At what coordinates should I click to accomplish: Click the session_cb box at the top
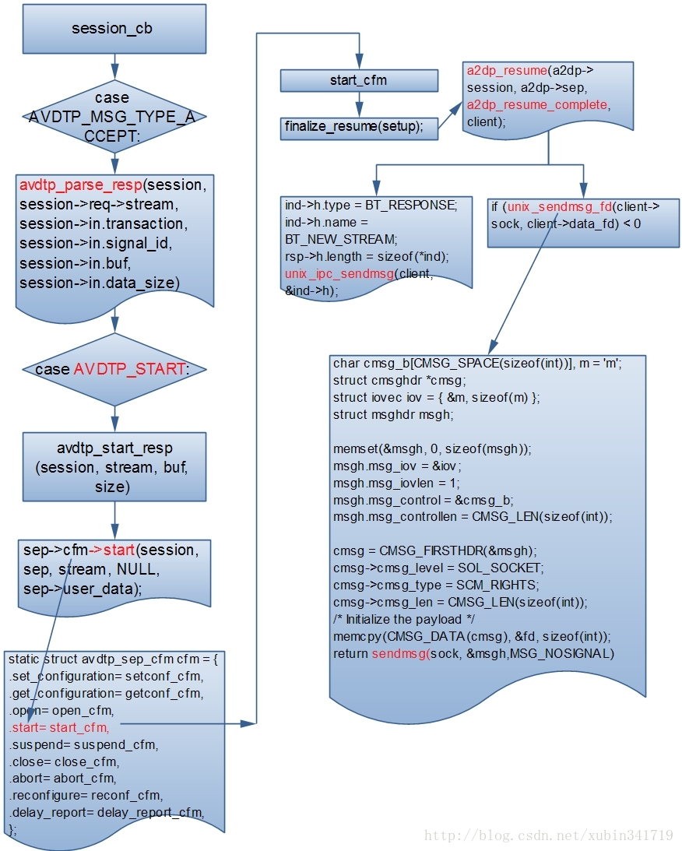click(x=114, y=29)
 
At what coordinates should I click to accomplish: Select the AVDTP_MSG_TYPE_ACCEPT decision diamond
click(x=114, y=118)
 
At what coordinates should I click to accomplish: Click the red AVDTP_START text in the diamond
click(x=130, y=369)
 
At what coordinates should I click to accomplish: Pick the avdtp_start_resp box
click(x=114, y=467)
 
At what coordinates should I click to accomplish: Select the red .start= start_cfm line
click(x=59, y=727)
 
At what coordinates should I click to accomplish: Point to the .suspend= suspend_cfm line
click(x=83, y=744)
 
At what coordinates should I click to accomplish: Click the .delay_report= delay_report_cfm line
click(x=106, y=813)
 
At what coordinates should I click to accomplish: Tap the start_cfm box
click(x=358, y=80)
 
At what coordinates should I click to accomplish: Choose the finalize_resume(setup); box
click(x=358, y=127)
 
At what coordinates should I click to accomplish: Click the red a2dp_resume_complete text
click(x=538, y=105)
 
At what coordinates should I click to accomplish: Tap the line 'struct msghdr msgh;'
click(x=392, y=414)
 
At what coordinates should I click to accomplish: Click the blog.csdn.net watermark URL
click(x=548, y=835)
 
